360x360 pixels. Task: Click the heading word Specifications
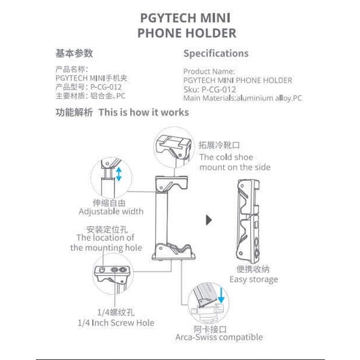[215, 53]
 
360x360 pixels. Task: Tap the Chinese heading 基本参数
[75, 53]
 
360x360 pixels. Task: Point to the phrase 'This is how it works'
[143, 113]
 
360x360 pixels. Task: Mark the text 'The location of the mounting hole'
[102, 242]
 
